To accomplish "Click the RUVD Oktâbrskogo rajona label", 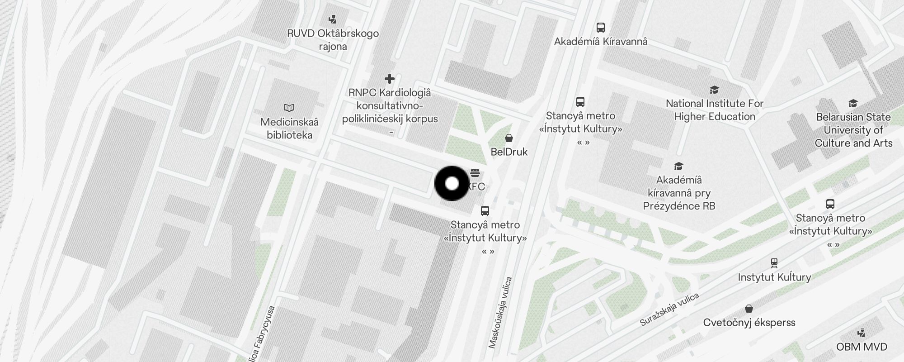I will (x=333, y=40).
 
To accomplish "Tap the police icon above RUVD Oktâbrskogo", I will (x=333, y=19).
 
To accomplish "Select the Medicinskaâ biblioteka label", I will (x=289, y=129).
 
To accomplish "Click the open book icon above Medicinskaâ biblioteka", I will (x=289, y=108).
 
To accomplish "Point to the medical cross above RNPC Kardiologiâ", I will (x=389, y=79).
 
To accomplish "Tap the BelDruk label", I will (x=509, y=152).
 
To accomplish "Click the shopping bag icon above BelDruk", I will (x=509, y=138).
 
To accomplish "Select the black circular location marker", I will (x=452, y=184).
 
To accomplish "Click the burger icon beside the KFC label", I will (x=475, y=172).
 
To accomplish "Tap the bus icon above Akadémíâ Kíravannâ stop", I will (x=601, y=28).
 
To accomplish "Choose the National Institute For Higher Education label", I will (x=715, y=110).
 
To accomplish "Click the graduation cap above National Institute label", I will (x=714, y=90).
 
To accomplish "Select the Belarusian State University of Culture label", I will (x=853, y=130).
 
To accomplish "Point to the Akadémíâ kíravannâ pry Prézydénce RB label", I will (x=679, y=193).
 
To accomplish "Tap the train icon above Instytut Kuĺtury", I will (x=774, y=263).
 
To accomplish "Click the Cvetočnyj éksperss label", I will (x=749, y=323).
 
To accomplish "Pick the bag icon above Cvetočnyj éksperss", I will (x=749, y=309).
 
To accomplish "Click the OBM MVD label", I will (x=862, y=347).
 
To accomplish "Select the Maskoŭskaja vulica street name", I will (x=500, y=313).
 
